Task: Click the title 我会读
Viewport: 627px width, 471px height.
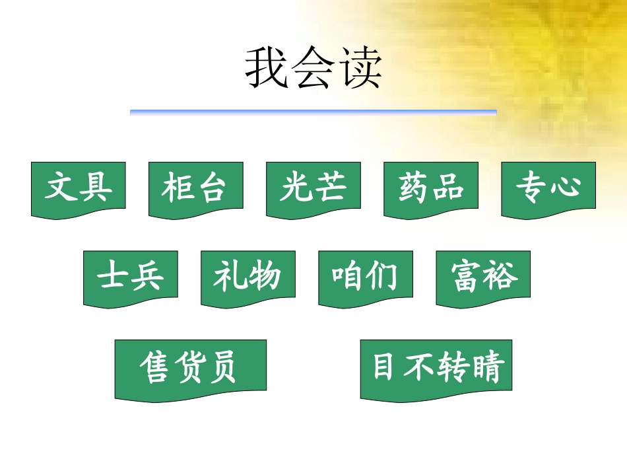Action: coord(313,68)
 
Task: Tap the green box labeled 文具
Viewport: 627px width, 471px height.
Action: coord(78,188)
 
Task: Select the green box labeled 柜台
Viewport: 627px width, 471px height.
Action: coord(195,188)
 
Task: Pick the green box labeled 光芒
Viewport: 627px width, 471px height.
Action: coord(313,188)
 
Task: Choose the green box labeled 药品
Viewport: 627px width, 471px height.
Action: coord(431,188)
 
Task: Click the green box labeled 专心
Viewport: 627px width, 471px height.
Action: coord(548,188)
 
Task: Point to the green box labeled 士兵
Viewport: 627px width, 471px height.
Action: coord(130,277)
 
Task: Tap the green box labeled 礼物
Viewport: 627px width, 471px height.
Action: coord(247,277)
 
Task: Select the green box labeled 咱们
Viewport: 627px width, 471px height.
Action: coord(365,277)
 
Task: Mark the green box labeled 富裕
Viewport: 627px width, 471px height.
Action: coord(483,277)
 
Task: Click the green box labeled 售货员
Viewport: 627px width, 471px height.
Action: coord(190,368)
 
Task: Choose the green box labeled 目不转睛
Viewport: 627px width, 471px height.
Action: coord(436,367)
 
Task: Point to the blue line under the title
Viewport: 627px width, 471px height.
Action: coord(313,113)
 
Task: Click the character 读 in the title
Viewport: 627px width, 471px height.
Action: coord(360,68)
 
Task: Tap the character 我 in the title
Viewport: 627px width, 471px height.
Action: coord(267,68)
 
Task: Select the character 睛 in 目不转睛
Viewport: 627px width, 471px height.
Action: coord(489,368)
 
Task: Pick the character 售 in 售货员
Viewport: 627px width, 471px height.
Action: coord(156,368)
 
